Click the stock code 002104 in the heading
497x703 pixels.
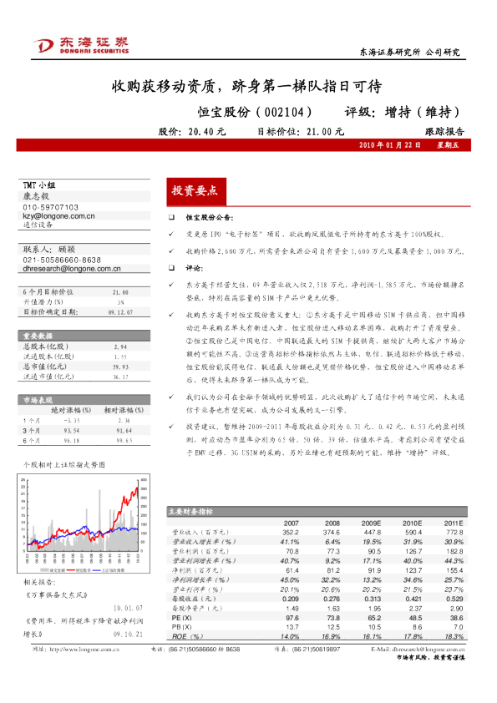click(x=282, y=111)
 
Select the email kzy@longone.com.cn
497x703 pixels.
click(x=58, y=215)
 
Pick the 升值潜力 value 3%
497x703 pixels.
click(x=120, y=301)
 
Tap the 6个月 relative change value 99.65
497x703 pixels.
click(x=125, y=439)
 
